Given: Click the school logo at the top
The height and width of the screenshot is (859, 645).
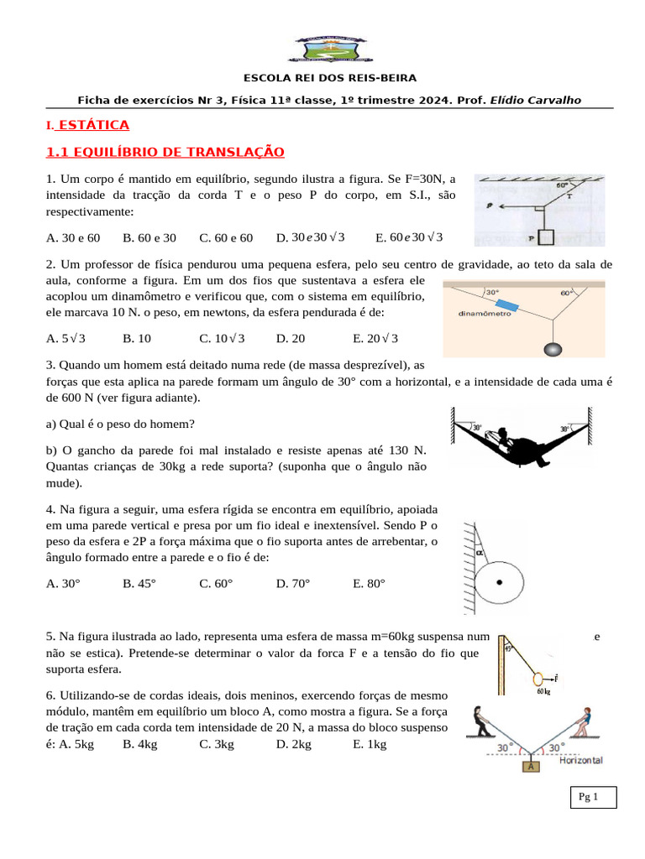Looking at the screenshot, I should coord(327,49).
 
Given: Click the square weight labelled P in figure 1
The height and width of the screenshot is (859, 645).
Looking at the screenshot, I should coord(546,237).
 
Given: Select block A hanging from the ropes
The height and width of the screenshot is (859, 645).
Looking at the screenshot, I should coord(531,765).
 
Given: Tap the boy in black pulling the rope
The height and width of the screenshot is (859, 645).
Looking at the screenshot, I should coord(481,721).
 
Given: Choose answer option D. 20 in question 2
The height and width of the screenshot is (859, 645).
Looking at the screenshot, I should coord(291,338).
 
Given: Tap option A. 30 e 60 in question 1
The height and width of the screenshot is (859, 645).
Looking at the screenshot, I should coord(73,237).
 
